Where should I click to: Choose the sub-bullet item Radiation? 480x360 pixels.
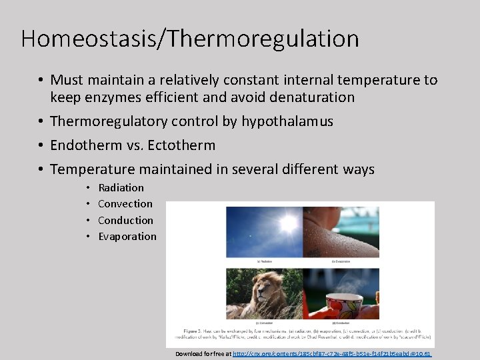point(121,188)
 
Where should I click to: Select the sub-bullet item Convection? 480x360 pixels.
point(125,204)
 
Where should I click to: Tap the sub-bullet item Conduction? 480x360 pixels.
point(125,220)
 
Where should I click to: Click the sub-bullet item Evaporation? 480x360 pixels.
point(127,236)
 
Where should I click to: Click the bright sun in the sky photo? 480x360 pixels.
point(288,225)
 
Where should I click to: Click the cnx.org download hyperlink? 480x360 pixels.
point(332,353)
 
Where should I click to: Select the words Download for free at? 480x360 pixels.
point(203,353)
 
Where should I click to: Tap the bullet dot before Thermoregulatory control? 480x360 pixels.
point(41,121)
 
